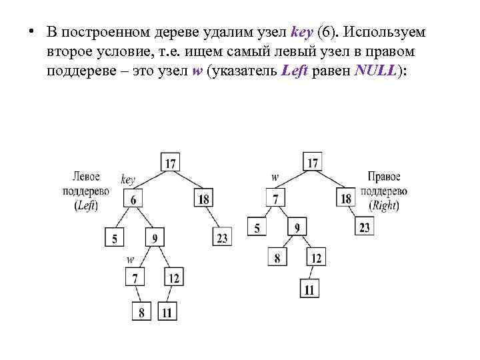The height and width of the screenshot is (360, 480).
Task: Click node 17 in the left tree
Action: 170,162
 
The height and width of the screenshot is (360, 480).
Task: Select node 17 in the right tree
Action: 312,161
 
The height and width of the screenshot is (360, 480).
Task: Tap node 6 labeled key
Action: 133,199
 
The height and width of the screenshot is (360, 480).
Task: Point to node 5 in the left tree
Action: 114,237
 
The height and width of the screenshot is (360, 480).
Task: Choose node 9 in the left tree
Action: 155,237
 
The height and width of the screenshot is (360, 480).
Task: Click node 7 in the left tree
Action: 135,277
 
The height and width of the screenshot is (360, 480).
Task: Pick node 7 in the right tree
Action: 275,199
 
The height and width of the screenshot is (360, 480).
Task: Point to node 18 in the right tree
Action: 346,199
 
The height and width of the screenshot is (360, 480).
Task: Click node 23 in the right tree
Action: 364,227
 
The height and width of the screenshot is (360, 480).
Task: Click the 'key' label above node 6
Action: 128,179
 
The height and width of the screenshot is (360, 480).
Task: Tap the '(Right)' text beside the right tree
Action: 384,205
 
